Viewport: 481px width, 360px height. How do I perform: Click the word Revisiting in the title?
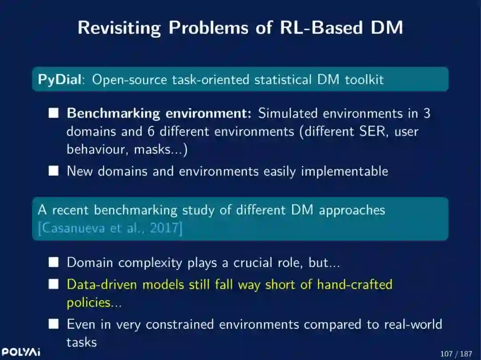(x=119, y=28)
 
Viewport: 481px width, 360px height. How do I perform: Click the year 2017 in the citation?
(x=163, y=229)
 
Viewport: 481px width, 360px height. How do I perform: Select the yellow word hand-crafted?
(x=355, y=284)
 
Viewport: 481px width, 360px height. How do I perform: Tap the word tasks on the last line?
(x=82, y=342)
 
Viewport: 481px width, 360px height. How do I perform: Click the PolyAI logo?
(x=21, y=352)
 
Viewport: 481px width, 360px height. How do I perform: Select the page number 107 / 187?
(x=456, y=354)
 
